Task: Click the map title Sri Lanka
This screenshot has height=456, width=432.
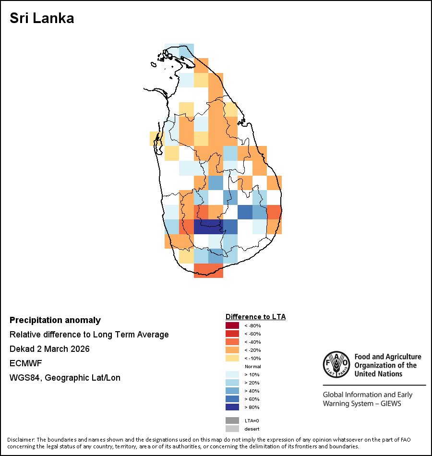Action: tap(42, 19)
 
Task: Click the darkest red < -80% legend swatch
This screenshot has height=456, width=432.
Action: tap(232, 325)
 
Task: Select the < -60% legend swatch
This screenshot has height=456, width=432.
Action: tap(232, 334)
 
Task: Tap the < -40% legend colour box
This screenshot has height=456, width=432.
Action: tap(232, 342)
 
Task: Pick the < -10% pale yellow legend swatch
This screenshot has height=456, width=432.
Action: tap(232, 358)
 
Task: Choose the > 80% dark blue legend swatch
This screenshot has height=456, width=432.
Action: tap(232, 407)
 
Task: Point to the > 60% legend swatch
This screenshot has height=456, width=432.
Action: tap(232, 399)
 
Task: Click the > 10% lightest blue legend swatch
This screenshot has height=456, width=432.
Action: tap(232, 374)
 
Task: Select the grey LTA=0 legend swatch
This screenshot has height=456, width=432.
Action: tap(232, 420)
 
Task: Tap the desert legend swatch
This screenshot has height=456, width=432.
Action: tap(232, 429)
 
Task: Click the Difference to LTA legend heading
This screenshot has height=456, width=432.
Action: tap(255, 317)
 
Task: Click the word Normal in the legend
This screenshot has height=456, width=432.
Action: tap(252, 366)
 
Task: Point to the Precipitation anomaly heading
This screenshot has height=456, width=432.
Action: tap(55, 320)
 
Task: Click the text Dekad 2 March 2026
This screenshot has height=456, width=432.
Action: tap(49, 349)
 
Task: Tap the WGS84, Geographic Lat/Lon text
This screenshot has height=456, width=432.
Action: tap(65, 378)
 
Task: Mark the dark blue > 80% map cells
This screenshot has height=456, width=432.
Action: tap(208, 227)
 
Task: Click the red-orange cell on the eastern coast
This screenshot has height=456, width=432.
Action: tap(274, 212)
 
